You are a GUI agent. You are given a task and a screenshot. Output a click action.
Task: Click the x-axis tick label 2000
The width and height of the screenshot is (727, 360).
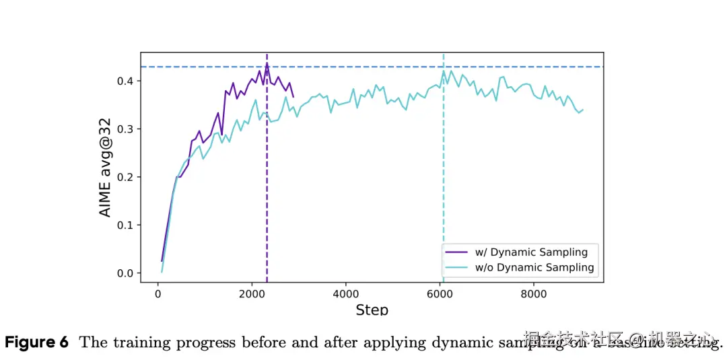pos(252,294)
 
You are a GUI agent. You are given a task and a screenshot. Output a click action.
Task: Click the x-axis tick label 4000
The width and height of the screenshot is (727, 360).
pos(345,294)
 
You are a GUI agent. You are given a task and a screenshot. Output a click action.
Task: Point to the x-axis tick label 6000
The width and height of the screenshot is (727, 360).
pos(440,294)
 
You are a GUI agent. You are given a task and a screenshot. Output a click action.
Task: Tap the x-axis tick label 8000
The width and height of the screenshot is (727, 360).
pos(534,294)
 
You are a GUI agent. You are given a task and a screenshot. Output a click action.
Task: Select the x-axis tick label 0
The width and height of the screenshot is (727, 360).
pos(158,294)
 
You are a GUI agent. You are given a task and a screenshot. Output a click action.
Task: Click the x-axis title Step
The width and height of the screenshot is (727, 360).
pos(372,310)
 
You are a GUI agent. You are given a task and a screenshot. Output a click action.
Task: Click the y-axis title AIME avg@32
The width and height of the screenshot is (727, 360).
pos(106,168)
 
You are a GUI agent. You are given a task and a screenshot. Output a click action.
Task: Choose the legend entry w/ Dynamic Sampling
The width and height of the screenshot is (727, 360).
pos(531,252)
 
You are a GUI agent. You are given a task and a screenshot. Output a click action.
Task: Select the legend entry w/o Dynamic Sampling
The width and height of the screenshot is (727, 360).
pos(534,268)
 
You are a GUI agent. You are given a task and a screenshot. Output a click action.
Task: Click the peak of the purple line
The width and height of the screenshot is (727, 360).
pos(267,63)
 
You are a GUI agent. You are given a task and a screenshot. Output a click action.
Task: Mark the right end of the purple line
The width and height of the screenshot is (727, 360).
pos(293,97)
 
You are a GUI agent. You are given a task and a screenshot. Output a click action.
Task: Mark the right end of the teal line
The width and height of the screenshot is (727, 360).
pos(583,110)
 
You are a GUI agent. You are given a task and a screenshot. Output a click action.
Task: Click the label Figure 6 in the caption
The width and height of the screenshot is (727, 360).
pos(37,343)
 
